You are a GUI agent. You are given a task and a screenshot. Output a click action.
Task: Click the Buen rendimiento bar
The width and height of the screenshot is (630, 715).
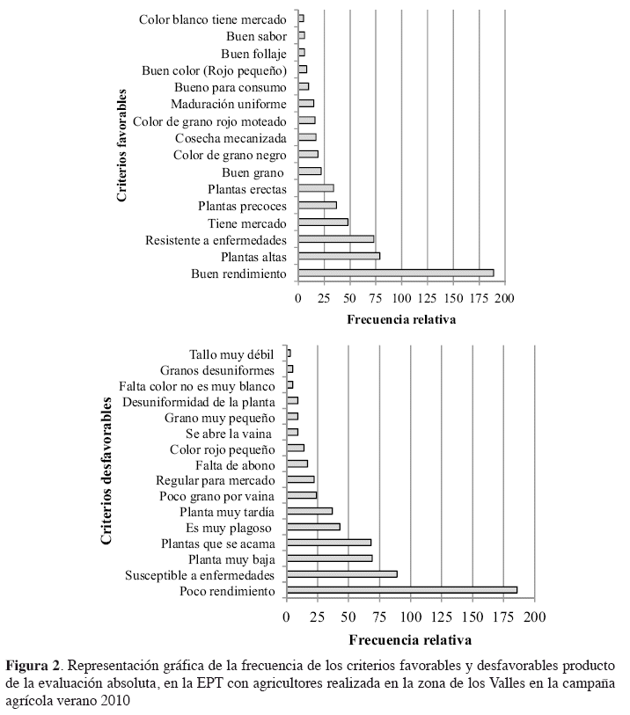point(396,274)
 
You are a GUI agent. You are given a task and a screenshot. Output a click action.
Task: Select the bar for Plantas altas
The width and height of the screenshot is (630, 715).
point(339,256)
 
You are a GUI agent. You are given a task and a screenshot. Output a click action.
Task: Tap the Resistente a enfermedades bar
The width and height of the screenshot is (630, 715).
point(336,239)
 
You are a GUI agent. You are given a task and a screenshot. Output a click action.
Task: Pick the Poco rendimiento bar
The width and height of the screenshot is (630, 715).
point(401,590)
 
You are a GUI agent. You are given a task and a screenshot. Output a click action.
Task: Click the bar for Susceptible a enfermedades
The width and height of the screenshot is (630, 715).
point(341,574)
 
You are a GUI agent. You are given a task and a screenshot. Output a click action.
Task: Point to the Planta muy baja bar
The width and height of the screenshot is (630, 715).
point(329,558)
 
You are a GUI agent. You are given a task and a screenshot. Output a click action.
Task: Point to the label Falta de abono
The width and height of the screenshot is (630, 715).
point(236,464)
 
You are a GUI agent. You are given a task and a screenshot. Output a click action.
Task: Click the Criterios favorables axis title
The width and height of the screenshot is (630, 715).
point(123,145)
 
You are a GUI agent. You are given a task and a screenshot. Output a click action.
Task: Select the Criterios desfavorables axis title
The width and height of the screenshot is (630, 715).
point(106,474)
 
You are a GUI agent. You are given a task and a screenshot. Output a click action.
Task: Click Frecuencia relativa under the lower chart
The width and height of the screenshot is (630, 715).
point(410,639)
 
